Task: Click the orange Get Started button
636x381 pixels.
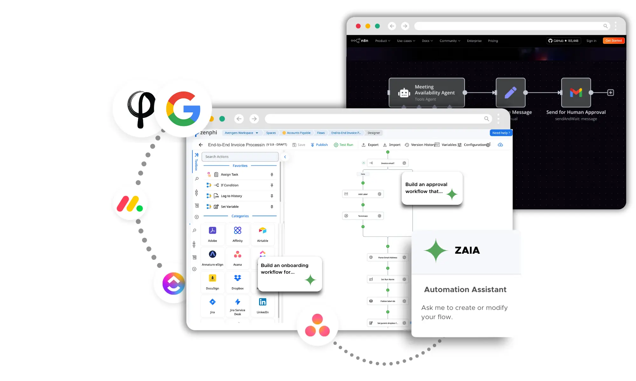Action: coord(613,41)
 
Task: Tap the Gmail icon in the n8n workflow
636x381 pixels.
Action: coord(576,93)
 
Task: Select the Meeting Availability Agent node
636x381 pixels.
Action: coord(426,93)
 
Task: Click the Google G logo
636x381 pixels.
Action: coord(183,109)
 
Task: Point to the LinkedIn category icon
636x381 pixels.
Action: coord(262,302)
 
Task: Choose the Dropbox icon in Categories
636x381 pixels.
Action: coord(238,278)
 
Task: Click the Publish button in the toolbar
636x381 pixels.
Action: coord(319,145)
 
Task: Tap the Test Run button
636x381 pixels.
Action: coord(343,145)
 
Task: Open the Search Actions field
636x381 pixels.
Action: coord(240,157)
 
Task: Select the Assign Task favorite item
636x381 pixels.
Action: coord(230,175)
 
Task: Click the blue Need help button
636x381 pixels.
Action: coord(501,133)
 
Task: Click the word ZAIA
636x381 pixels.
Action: coord(467,251)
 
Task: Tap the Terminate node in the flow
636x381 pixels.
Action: coord(363,216)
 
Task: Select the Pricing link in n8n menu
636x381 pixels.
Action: coord(493,41)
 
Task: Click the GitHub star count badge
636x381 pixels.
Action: coord(563,41)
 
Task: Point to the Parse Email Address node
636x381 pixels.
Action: coord(388,257)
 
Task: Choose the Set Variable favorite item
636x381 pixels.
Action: coord(230,207)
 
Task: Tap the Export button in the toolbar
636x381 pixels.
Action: coord(370,145)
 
